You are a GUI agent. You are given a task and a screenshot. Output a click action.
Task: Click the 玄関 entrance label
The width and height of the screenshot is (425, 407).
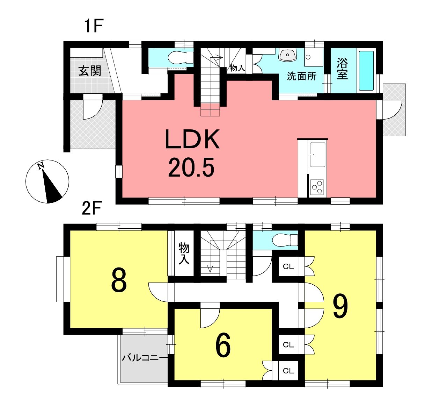point(90,71)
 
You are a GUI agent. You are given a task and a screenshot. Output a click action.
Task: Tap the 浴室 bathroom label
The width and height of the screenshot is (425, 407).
point(342,69)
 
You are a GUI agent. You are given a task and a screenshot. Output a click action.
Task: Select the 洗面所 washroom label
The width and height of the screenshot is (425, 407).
point(302,76)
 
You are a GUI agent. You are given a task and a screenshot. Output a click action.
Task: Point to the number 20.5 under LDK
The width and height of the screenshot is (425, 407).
point(191,168)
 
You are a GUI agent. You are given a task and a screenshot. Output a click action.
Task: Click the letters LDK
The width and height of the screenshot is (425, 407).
point(192,139)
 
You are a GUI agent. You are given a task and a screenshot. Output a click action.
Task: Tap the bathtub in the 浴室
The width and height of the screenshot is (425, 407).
point(366,71)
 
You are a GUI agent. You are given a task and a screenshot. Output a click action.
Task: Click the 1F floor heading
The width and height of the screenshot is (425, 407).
point(94,26)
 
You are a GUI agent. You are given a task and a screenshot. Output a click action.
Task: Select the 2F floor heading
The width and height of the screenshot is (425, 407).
point(91,209)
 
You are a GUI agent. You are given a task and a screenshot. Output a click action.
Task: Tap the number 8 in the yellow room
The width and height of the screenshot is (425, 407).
point(119,280)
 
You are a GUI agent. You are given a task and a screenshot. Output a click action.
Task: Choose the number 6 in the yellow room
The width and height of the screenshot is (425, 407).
point(223,345)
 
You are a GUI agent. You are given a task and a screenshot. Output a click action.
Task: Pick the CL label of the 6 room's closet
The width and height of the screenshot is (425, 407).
point(288,371)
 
